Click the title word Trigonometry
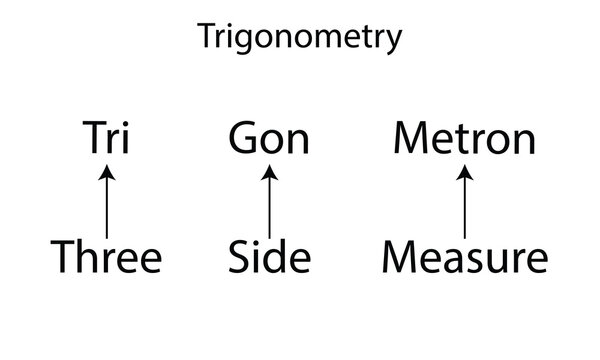click(x=300, y=38)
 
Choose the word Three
click(x=106, y=257)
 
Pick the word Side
click(x=268, y=257)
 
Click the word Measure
click(x=464, y=257)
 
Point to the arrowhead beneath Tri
click(x=107, y=172)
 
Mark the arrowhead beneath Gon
click(x=268, y=172)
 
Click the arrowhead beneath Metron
click(x=464, y=172)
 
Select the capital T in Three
click(x=63, y=257)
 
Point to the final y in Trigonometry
click(x=395, y=42)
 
